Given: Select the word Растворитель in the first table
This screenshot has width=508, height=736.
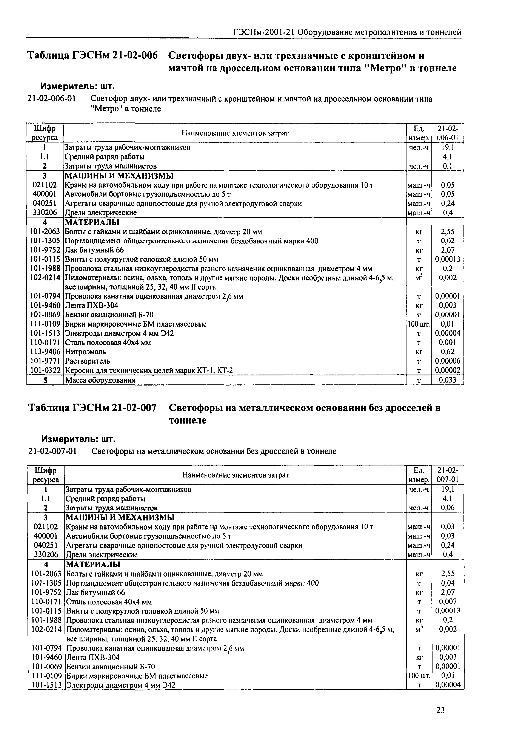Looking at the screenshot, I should pos(88,361).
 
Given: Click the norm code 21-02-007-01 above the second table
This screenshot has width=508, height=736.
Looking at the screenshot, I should pos(52,451).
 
